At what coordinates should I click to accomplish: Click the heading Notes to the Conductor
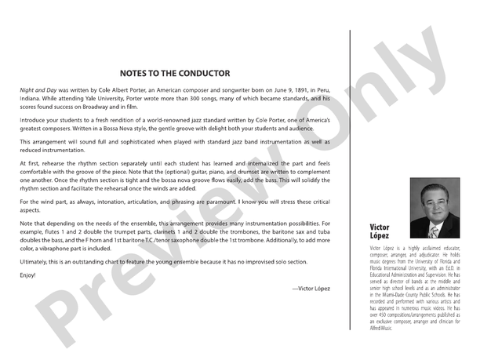tap(175, 74)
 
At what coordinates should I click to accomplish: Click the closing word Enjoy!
tap(29, 275)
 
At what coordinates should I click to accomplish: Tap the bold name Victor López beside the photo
tap(380, 231)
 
